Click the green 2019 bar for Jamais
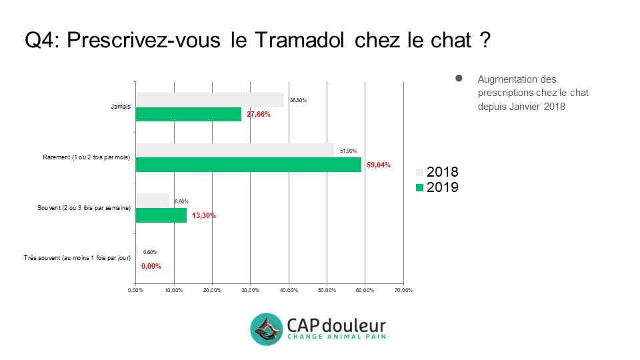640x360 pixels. point(188,115)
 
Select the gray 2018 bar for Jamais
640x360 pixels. point(209,100)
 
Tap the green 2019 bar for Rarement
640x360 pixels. point(248,165)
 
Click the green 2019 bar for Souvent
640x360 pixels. point(161,215)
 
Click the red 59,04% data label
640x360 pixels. point(379,165)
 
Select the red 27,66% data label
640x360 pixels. point(259,115)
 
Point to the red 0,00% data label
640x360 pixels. point(151,266)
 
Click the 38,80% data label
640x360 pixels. point(297,100)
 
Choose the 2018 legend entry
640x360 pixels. point(437,173)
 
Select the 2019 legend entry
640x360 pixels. point(437,188)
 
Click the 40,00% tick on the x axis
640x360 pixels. point(289,290)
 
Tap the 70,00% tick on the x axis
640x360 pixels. point(403,290)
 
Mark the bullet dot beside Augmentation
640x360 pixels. point(459,79)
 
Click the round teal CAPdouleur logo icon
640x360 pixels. point(267,329)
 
